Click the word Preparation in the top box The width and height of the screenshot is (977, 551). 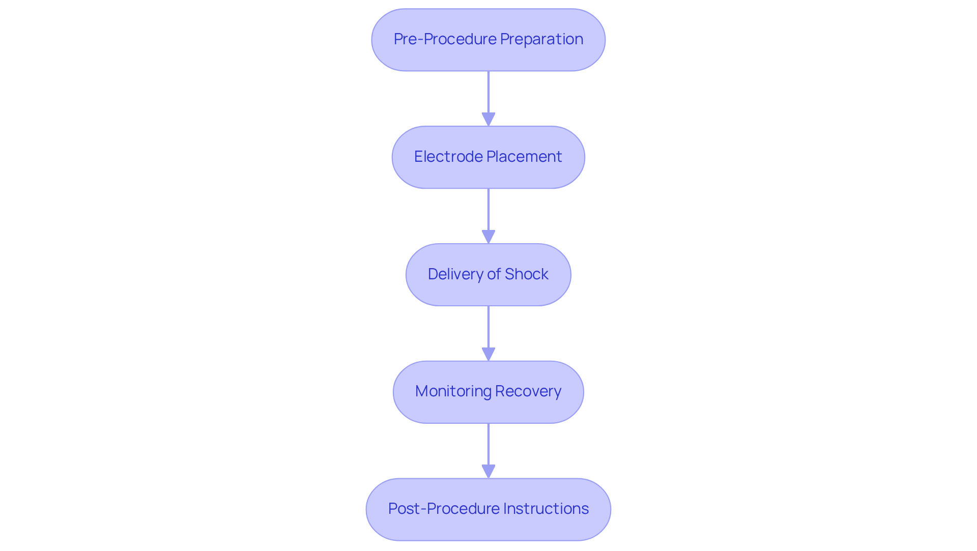(541, 39)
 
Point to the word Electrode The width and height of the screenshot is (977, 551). (448, 157)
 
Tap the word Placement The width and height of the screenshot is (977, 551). (524, 157)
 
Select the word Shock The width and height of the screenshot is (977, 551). (526, 274)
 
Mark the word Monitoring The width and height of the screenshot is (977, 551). (453, 391)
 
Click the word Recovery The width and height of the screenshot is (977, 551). (528, 391)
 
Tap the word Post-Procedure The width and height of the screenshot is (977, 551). (443, 509)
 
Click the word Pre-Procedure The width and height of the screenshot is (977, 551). (445, 39)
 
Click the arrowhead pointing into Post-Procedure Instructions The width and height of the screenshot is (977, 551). (489, 471)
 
